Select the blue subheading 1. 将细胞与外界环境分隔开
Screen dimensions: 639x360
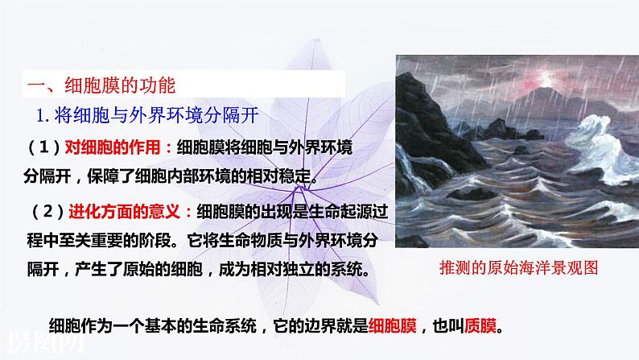point(147,115)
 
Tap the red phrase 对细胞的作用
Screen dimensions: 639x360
point(113,147)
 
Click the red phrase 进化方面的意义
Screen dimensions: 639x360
point(124,212)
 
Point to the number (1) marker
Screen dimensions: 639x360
point(44,147)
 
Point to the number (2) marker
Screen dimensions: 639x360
point(48,212)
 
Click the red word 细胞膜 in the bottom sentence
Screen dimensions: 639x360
point(393,325)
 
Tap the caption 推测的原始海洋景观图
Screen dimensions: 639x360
point(518,268)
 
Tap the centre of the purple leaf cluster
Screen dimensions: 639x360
point(299,188)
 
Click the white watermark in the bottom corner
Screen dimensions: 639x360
point(44,341)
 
